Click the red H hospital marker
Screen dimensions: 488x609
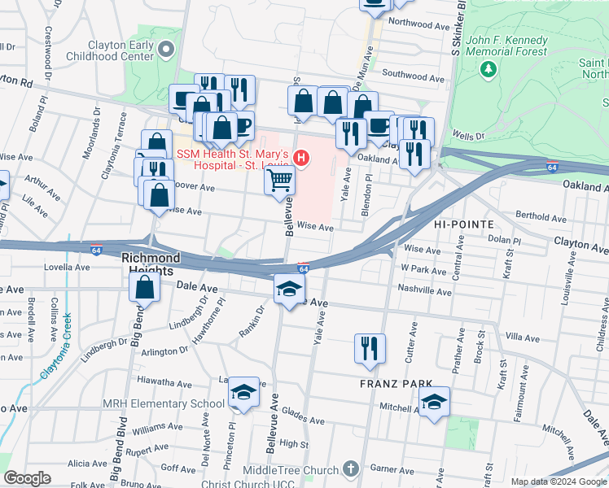pos(301,157)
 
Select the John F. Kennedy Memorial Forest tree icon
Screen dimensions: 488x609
pos(489,70)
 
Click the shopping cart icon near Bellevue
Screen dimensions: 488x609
pos(279,180)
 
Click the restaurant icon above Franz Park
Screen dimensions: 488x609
pos(370,347)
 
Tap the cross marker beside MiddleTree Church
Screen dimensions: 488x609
pos(350,469)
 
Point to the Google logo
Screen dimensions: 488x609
pos(28,477)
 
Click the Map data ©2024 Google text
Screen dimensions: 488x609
pos(559,481)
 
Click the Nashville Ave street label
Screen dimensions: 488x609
pos(425,291)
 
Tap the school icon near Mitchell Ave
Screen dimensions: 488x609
pos(434,402)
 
